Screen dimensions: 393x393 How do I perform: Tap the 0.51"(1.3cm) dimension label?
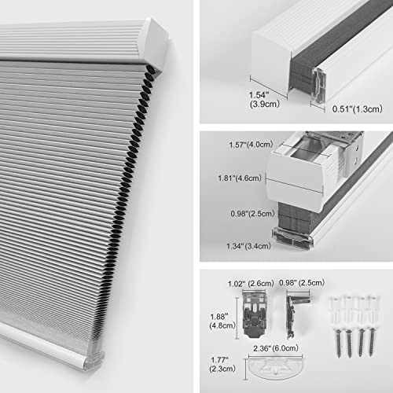pos(353,108)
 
